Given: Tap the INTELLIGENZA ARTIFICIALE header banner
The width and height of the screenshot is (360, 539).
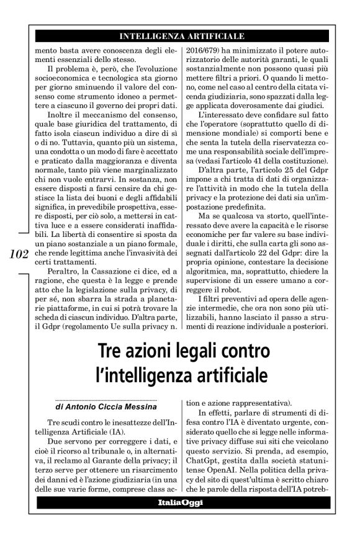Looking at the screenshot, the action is [181, 36].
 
